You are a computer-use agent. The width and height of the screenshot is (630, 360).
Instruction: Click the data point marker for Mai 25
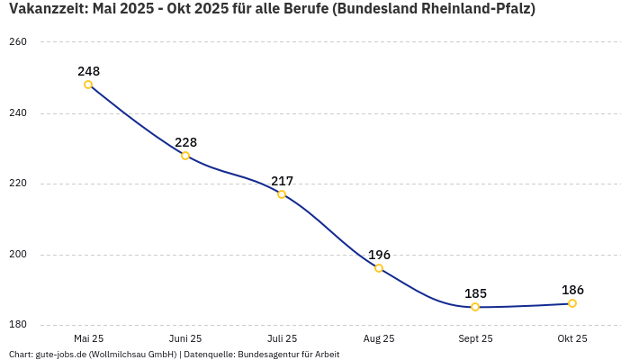click(88, 85)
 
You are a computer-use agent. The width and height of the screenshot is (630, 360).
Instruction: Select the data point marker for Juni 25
click(185, 156)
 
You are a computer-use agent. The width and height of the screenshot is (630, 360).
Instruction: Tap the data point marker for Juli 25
click(282, 194)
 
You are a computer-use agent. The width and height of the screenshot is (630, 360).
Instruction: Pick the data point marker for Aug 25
click(379, 268)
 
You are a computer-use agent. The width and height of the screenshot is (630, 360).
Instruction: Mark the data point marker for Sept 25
click(475, 307)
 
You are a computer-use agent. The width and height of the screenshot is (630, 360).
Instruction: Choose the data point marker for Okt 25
click(572, 303)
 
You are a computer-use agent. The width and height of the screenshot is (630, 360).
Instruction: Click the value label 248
click(88, 71)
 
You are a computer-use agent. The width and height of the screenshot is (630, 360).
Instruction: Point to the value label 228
click(185, 142)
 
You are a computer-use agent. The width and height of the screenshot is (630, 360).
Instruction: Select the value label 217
click(282, 181)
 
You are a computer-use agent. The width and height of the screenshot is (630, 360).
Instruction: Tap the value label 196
click(379, 255)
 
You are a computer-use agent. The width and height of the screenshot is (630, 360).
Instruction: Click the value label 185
click(475, 293)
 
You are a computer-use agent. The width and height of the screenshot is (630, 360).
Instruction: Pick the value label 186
click(572, 290)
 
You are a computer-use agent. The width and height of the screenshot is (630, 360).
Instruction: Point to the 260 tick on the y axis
click(18, 42)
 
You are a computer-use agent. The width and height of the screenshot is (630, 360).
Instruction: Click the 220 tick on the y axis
click(18, 184)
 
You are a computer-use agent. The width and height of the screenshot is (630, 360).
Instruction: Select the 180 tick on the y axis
click(18, 325)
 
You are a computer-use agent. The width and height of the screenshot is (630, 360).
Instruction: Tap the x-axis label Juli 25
click(282, 338)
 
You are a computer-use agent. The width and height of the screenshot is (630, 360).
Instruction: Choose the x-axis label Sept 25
click(475, 338)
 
